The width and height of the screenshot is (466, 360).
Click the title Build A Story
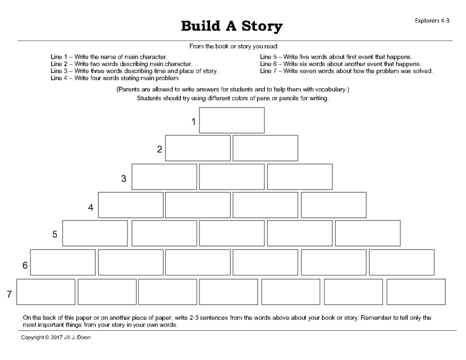232,26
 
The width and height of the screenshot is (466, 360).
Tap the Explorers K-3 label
432,21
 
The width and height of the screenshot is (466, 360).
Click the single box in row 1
232,120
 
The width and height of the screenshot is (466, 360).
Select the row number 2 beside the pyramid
159,149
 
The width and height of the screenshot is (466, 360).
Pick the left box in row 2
198,148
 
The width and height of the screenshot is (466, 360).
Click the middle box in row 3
232,177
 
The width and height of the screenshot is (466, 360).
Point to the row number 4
91,208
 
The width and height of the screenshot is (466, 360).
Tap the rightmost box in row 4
334,205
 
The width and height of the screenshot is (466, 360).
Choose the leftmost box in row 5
95,233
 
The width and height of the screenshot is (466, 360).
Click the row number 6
25,265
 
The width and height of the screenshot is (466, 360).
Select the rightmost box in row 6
401,262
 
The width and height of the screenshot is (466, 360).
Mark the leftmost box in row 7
46,292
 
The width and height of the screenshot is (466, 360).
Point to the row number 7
9,294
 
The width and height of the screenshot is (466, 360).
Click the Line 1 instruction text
109,57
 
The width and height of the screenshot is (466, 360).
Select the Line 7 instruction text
346,71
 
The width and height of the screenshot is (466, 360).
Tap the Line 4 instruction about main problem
115,78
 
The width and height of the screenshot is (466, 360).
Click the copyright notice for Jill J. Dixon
56,337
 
